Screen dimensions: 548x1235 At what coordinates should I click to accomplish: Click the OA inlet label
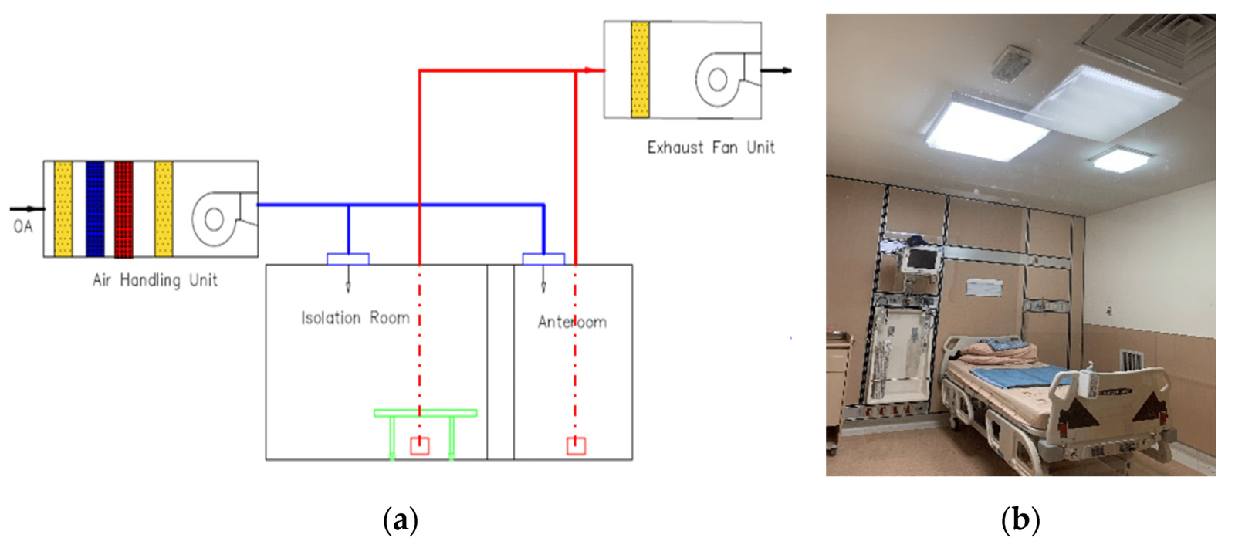pos(23,227)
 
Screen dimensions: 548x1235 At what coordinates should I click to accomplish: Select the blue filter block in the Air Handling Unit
pos(95,208)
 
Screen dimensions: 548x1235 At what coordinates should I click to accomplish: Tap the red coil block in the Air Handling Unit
pos(123,208)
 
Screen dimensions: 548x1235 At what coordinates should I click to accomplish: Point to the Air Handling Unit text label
pos(154,280)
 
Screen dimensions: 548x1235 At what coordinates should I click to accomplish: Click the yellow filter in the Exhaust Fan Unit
pos(640,69)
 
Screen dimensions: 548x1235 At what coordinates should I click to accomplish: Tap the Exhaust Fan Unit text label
pos(710,147)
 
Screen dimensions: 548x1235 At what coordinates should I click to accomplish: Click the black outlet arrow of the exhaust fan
pos(777,71)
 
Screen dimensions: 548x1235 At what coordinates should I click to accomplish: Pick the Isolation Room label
pos(355,318)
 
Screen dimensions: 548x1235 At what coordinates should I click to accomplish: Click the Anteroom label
pos(572,322)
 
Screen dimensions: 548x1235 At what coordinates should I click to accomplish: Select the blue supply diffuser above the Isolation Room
pos(348,259)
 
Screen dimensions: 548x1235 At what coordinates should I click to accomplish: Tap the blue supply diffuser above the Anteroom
pos(543,259)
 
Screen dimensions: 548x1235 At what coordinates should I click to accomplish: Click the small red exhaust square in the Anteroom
pos(576,446)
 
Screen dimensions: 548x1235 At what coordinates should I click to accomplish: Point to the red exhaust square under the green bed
pos(419,446)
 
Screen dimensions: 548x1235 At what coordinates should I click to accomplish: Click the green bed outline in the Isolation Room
pos(425,414)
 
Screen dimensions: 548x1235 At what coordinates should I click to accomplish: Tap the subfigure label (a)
pos(401,520)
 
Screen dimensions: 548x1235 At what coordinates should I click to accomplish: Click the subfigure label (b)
pos(1020,520)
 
